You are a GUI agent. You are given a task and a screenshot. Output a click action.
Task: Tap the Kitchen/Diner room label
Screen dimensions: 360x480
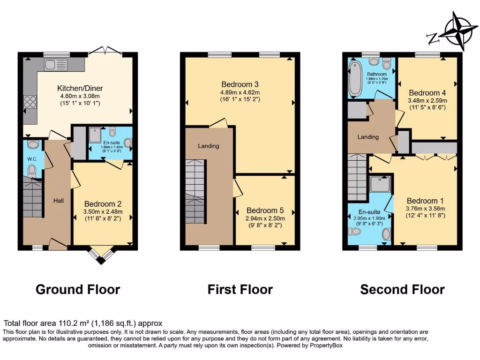(x=80, y=88)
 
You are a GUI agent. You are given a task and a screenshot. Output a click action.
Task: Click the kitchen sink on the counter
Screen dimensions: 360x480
(x=56, y=64)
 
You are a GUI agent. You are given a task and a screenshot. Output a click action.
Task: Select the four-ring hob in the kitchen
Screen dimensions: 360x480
(x=30, y=102)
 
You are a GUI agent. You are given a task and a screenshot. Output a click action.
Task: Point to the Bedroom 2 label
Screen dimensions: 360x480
(x=103, y=204)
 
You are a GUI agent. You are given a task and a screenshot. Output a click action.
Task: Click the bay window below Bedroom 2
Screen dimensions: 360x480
(x=101, y=255)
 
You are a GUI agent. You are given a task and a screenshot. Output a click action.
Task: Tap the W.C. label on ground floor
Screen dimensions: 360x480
(x=32, y=159)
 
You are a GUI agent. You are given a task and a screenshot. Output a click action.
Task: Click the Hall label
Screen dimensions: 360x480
(x=58, y=201)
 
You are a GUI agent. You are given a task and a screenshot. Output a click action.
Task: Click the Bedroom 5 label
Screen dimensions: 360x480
(x=265, y=210)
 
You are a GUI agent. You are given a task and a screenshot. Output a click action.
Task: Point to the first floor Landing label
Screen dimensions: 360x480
(x=208, y=146)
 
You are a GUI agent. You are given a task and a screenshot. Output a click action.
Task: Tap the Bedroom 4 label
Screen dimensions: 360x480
(x=427, y=93)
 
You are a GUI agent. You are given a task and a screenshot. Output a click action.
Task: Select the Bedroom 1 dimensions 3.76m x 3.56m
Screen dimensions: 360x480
(x=425, y=209)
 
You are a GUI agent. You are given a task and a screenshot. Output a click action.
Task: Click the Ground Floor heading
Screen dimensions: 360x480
(x=78, y=290)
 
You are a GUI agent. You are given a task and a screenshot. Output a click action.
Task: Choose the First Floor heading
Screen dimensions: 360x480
(x=240, y=290)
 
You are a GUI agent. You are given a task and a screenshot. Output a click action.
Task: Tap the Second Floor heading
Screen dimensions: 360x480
(x=402, y=290)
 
